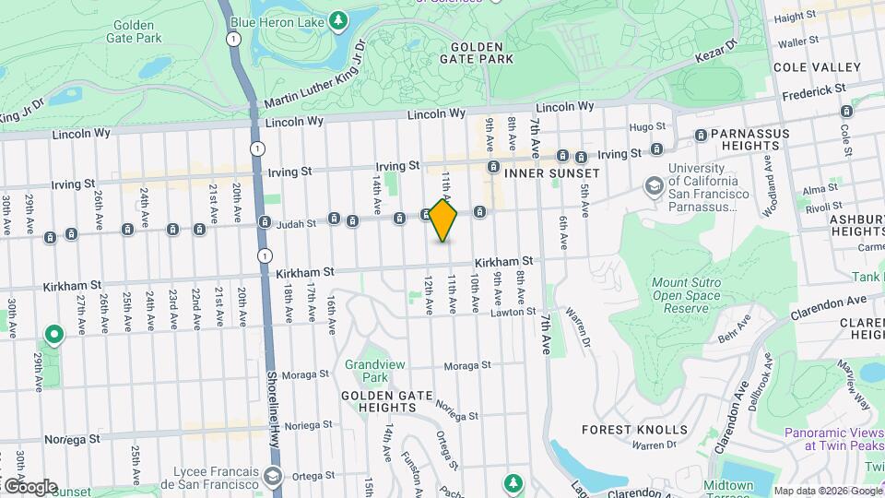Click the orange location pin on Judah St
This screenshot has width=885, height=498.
443,220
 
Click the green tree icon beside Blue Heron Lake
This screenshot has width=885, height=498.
339,19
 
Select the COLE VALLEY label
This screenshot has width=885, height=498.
817,67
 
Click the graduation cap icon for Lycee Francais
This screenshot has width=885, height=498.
273,476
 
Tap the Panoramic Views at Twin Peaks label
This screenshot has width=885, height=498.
833,438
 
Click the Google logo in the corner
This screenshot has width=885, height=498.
29,486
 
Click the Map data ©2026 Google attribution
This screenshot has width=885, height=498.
827,491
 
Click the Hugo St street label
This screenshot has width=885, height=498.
646,126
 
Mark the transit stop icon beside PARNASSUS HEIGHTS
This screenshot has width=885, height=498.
700,136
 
